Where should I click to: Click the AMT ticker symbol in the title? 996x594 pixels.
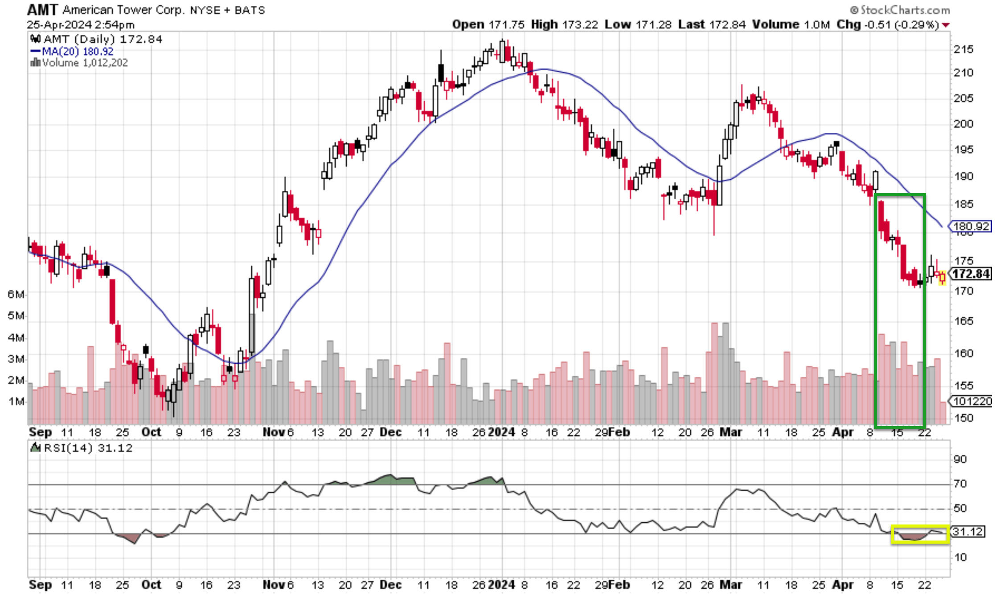42,9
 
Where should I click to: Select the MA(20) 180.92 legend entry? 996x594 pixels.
73,51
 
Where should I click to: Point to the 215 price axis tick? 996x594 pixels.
963,49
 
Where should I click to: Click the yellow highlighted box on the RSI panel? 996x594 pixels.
920,534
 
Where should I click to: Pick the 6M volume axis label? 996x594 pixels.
16,294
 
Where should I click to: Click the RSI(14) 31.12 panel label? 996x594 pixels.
83,448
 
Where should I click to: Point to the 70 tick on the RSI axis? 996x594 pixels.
960,483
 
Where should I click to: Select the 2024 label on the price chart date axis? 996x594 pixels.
501,432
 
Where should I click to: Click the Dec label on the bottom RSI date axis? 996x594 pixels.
390,585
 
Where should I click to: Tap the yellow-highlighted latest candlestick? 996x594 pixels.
942,278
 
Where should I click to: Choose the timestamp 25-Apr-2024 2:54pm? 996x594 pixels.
80,25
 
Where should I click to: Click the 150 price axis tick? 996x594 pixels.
964,418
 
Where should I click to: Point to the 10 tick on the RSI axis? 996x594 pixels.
960,557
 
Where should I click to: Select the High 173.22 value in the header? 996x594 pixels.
564,25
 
